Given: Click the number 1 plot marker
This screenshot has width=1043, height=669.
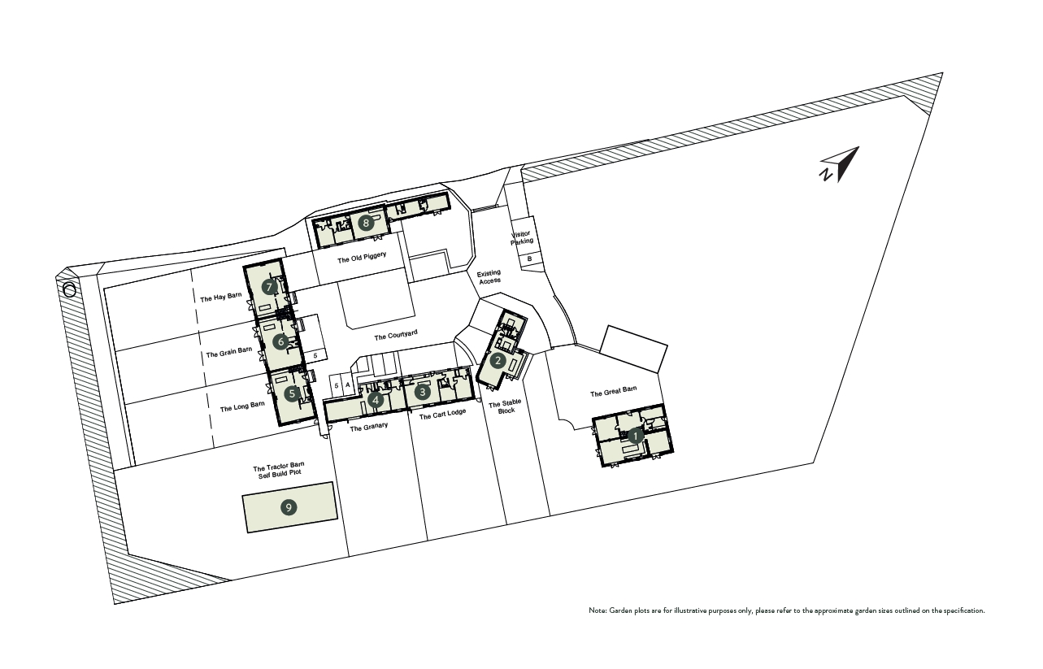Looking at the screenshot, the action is coord(635,437).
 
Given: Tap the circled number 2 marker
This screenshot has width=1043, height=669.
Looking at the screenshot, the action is coord(498,360).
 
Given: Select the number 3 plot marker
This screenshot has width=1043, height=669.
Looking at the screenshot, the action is coord(423,392).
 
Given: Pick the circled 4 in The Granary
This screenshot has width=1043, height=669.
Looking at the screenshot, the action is coord(376,399).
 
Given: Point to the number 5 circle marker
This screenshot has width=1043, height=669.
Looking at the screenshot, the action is coord(292,393).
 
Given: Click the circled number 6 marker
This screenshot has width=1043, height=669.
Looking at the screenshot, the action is coord(280,342).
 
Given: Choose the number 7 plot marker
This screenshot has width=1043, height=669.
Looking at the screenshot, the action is coord(269,287).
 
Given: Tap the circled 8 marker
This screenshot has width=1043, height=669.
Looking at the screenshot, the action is coord(366,223).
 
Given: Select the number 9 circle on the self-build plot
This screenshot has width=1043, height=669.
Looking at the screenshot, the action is coord(289,507).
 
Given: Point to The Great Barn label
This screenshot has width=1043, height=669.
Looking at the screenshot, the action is coord(613,392).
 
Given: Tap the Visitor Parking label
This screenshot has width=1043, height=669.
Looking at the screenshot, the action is coord(521,238).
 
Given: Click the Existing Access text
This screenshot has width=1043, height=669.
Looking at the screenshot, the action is coord(489,276).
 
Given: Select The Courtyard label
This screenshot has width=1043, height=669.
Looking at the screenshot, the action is coord(396,335).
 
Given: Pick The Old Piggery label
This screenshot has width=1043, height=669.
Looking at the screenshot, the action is coord(362,258).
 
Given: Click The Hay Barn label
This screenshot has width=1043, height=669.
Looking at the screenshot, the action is coord(220,297).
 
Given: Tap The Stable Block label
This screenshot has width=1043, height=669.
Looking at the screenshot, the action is coord(505,406).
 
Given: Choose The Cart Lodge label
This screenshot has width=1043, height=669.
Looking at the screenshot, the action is coord(442,415).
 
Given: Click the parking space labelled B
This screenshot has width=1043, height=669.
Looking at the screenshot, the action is coord(529,258).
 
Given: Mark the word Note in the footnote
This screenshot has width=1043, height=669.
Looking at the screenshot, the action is coord(598,610).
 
